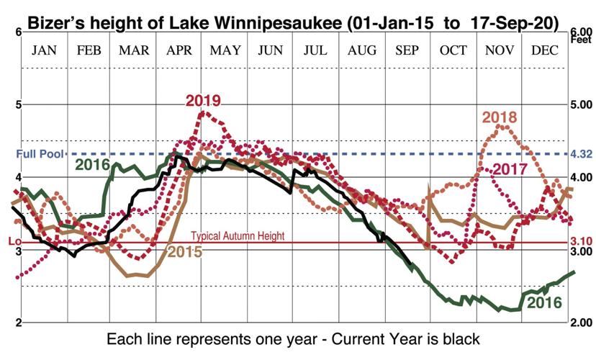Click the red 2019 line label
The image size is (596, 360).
pyautogui.click(x=202, y=101)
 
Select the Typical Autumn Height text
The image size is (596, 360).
pyautogui.click(x=238, y=236)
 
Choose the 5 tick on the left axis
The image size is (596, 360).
pyautogui.click(x=18, y=104)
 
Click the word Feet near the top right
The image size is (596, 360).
pyautogui.click(x=582, y=41)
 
